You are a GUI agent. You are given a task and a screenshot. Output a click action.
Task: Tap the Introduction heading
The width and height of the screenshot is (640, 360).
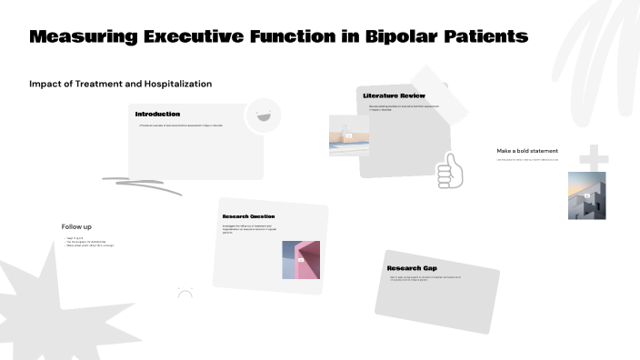coord(157,114)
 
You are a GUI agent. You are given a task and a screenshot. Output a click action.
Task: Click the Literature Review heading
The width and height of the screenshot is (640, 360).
coord(394,95)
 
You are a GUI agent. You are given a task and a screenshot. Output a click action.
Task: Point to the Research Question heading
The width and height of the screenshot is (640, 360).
coord(248,215)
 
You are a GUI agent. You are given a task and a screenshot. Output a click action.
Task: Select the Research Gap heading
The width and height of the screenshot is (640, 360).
coord(412,268)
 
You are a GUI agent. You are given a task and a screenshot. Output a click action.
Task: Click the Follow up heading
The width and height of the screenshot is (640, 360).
coord(76,226)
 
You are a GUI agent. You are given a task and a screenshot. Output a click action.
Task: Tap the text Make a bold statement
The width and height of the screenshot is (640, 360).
coord(527,151)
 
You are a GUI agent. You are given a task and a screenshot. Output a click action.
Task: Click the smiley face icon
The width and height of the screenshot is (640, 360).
coord(264,115)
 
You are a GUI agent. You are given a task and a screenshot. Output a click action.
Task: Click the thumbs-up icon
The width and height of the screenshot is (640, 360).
coord(449,170)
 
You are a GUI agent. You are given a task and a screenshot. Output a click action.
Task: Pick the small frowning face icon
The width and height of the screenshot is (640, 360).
coord(185,293)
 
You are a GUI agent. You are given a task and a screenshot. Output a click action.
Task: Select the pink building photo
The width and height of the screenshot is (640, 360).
coord(301,259)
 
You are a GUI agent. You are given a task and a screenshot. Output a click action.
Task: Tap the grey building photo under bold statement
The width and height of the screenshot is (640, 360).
coord(586,195)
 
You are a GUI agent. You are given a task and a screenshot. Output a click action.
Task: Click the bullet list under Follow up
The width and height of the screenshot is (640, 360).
coord(88,242)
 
